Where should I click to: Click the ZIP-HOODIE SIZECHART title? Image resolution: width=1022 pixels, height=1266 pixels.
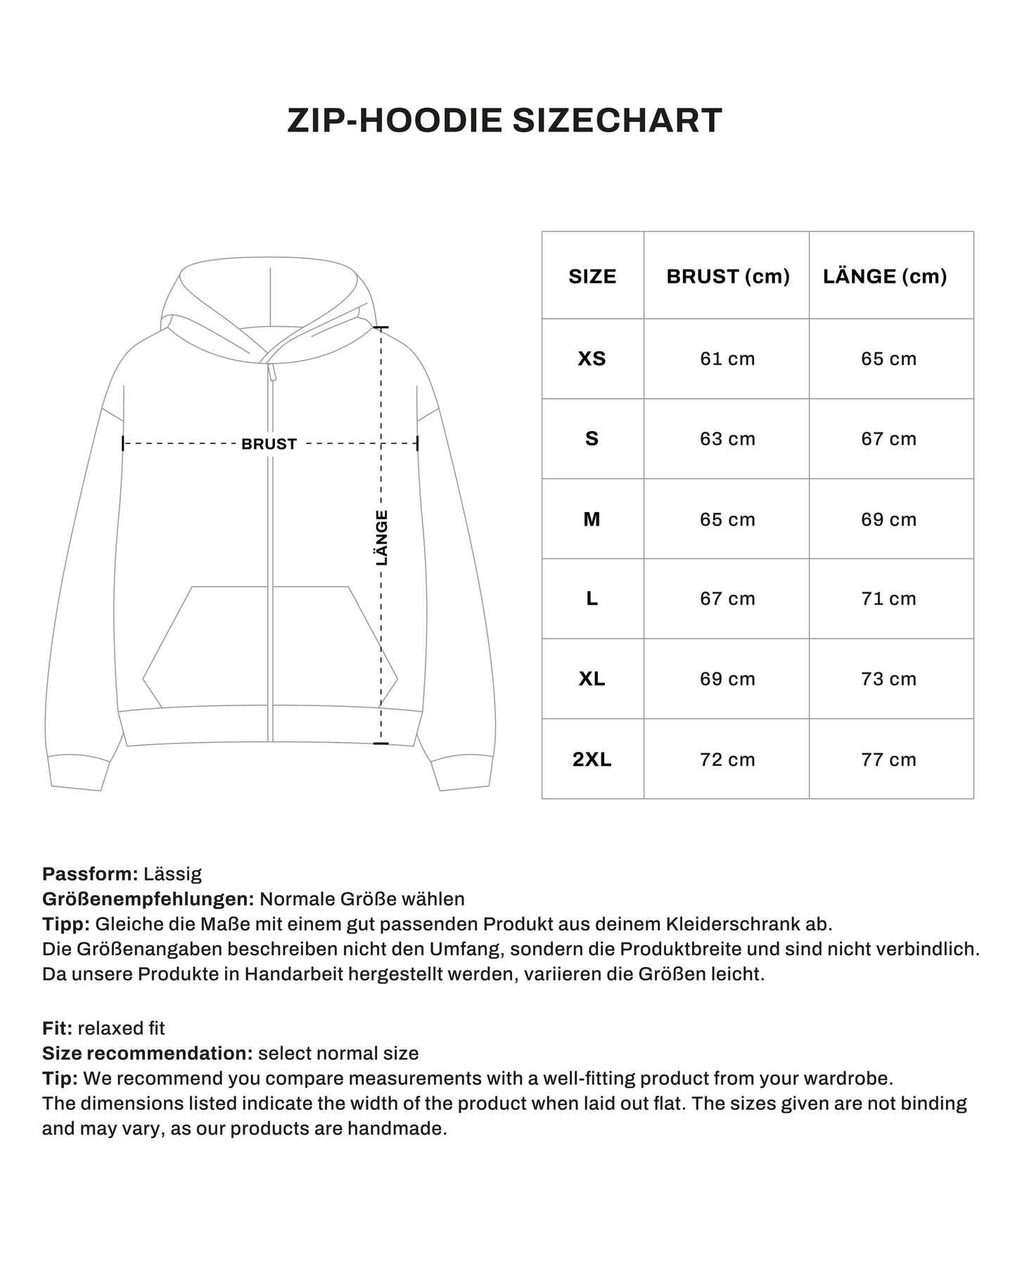(x=504, y=120)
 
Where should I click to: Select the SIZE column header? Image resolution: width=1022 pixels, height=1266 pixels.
(x=592, y=276)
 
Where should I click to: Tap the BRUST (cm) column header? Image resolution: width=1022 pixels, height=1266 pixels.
(x=728, y=276)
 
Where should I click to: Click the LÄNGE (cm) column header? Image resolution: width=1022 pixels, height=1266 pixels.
(x=885, y=276)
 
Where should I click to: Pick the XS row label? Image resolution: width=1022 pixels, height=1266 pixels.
(x=592, y=359)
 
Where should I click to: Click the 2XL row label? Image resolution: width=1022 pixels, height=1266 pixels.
(x=592, y=760)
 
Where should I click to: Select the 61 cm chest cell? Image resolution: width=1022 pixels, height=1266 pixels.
(x=727, y=359)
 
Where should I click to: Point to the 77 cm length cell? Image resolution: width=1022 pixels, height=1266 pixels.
(x=888, y=760)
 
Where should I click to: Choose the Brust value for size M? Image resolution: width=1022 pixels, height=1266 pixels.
(x=727, y=520)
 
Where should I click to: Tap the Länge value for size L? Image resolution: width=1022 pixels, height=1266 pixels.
(x=888, y=599)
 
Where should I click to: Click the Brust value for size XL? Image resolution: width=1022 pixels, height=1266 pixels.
(x=727, y=679)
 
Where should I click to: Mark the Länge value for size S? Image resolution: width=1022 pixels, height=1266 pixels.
(x=888, y=439)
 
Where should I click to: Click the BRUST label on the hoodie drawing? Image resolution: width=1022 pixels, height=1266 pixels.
(x=269, y=445)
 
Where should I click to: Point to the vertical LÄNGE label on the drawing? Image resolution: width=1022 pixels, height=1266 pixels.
(x=382, y=538)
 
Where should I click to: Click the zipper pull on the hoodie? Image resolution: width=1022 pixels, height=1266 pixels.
(x=272, y=371)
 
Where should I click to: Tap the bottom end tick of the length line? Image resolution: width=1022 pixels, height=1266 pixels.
(x=381, y=743)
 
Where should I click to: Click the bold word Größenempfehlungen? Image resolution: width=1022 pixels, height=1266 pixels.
(x=148, y=899)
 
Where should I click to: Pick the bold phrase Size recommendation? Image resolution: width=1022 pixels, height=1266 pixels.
(x=147, y=1054)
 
